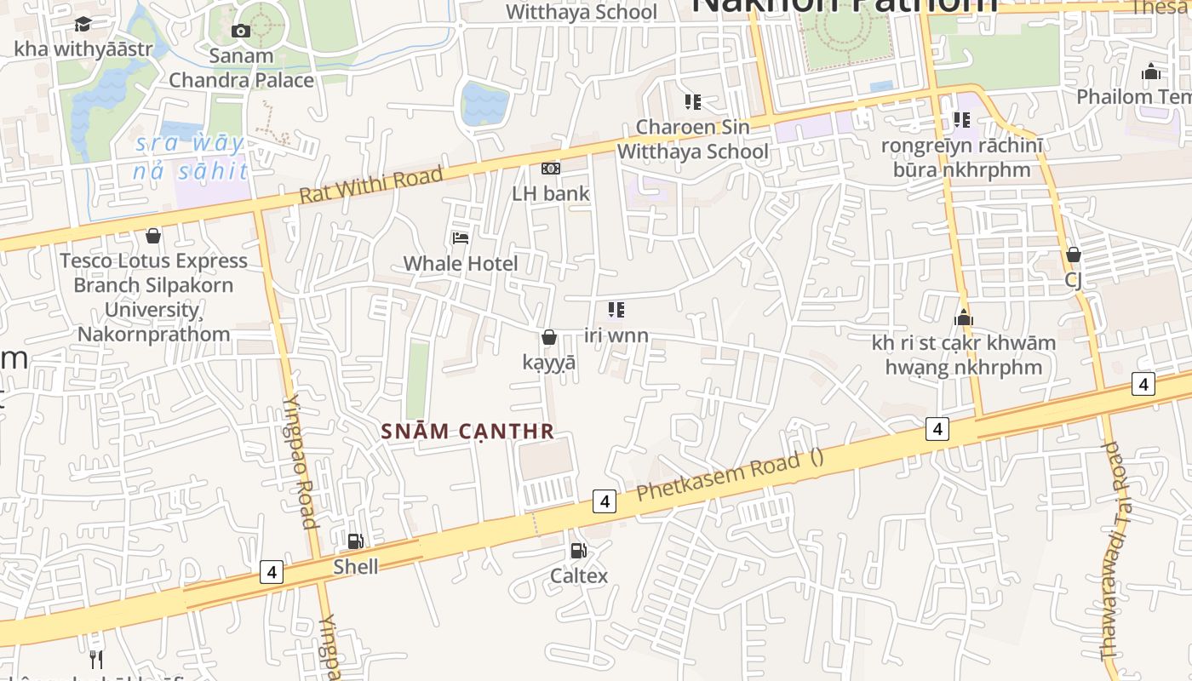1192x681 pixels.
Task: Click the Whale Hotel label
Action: click(460, 263)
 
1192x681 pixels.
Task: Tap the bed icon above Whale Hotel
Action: click(461, 238)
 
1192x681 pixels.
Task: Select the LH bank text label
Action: click(550, 193)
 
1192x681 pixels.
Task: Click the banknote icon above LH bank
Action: click(551, 169)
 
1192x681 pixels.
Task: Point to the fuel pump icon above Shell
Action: click(355, 541)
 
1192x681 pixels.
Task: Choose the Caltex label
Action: click(579, 575)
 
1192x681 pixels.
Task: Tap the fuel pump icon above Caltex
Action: click(579, 551)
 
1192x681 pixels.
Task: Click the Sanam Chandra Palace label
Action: click(241, 68)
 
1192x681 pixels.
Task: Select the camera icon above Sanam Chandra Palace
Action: click(241, 31)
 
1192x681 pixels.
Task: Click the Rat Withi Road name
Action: click(370, 186)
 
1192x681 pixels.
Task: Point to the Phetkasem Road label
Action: click(719, 478)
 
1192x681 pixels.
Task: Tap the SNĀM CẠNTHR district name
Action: click(467, 432)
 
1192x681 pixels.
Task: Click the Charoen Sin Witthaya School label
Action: click(692, 140)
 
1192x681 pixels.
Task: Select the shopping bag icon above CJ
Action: click(1073, 255)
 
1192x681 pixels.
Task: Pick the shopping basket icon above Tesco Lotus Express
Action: click(153, 236)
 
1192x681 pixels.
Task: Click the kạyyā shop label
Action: click(549, 362)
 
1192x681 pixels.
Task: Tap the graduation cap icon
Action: click(83, 24)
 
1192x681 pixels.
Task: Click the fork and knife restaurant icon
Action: click(96, 659)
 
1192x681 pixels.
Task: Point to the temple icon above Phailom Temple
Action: click(1151, 72)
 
